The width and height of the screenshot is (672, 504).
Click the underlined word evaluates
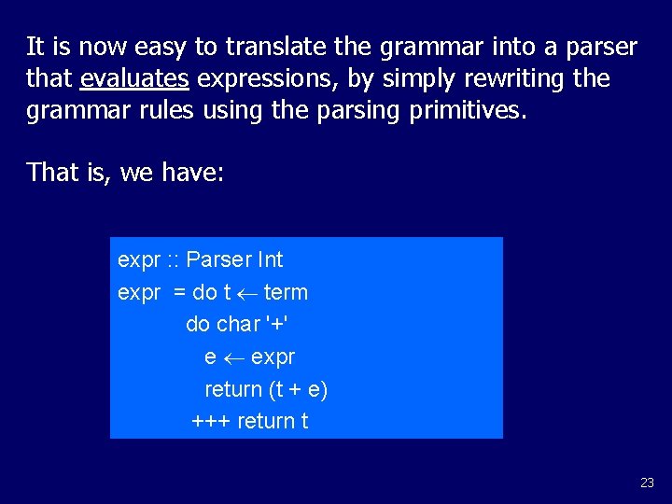[x=134, y=78]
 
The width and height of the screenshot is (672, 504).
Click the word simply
[x=403, y=79]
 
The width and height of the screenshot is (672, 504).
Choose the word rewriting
[x=511, y=79]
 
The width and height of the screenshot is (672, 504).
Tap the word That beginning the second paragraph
[x=52, y=172]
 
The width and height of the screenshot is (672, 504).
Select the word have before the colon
[x=192, y=172]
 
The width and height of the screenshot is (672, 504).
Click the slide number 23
[x=647, y=483]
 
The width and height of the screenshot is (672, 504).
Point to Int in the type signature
[x=269, y=259]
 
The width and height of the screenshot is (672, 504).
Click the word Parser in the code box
[x=218, y=259]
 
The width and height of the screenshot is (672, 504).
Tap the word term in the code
[x=286, y=292]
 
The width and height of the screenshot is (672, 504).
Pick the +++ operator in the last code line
[x=211, y=421]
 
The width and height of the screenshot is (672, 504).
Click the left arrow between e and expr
[x=234, y=357]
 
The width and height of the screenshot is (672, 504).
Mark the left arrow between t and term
[x=247, y=292]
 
